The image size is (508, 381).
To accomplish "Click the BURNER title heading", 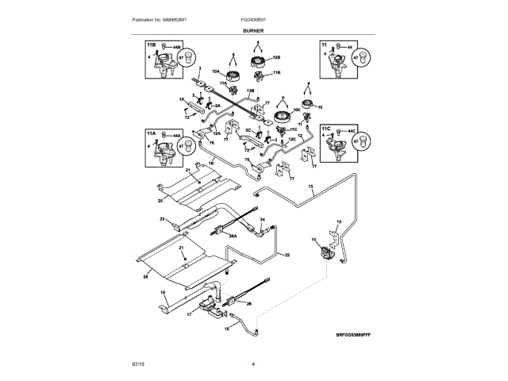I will (x=253, y=29).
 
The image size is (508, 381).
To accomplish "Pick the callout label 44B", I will (x=177, y=48).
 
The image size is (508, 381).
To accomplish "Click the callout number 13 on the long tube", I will (x=311, y=187).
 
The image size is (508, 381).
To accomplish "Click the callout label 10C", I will (x=298, y=110).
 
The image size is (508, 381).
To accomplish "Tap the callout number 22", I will (x=287, y=255).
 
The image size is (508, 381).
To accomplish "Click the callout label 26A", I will (x=233, y=235).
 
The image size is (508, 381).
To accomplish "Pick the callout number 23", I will (x=161, y=219).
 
